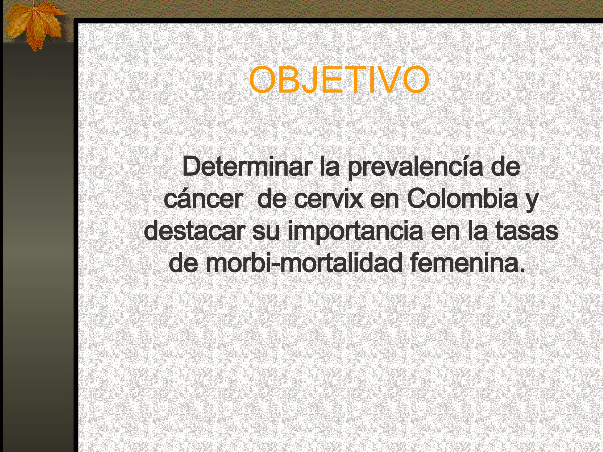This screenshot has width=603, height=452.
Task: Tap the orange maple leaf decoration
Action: (x=34, y=25)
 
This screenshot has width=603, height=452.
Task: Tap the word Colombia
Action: (x=462, y=199)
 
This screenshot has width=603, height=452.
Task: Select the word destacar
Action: (x=194, y=231)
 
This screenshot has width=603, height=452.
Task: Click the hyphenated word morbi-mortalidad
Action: (x=304, y=263)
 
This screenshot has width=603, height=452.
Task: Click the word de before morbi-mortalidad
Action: (x=183, y=263)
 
